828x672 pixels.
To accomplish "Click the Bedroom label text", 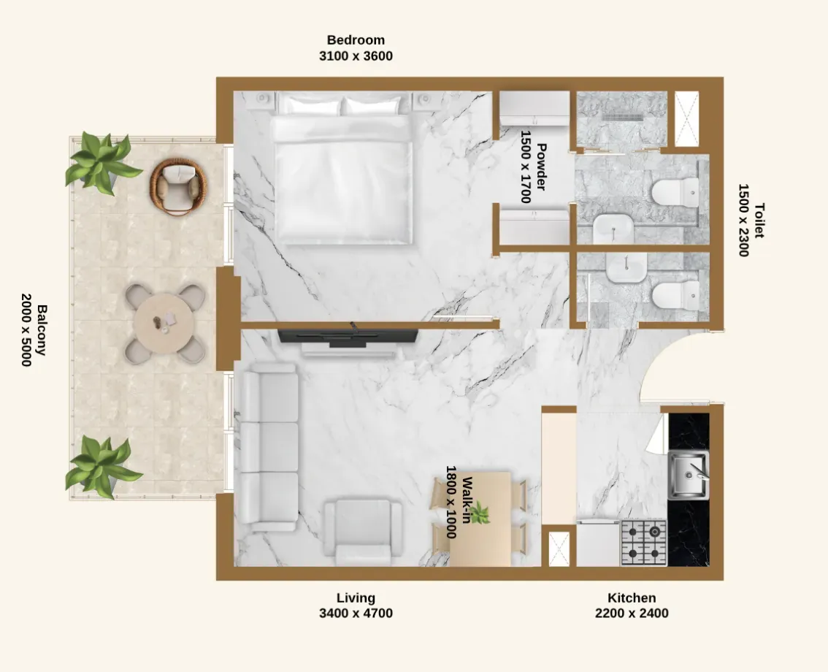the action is click(x=356, y=39).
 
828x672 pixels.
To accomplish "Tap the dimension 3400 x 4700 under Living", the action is click(x=356, y=614).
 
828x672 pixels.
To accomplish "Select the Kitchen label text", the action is click(x=632, y=598).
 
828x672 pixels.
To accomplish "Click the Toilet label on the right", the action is click(x=759, y=221).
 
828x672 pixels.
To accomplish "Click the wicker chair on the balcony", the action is click(x=178, y=186).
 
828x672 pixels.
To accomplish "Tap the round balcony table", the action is click(x=164, y=324).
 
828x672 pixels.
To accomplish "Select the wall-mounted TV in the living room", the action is click(x=348, y=337).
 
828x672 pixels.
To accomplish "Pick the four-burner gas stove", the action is click(x=644, y=543).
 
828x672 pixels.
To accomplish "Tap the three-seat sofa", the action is click(x=268, y=447).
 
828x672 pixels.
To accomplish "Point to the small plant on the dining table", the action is click(x=480, y=513).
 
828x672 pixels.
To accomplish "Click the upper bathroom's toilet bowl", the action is click(x=675, y=192).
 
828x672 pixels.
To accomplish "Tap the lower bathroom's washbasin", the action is click(x=626, y=267).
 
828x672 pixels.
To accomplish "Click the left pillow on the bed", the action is click(x=310, y=106).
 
